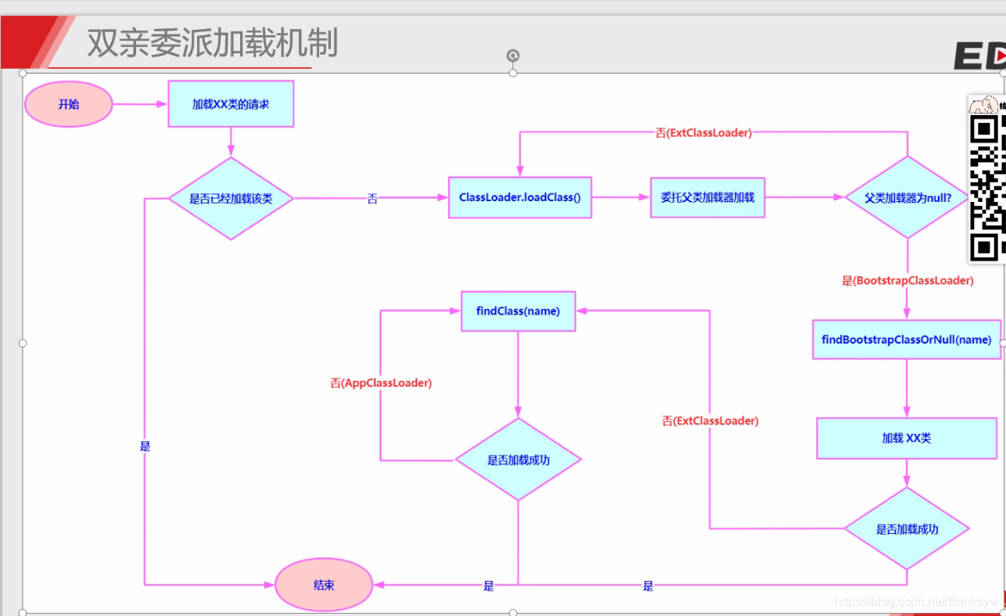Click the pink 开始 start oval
point(69,104)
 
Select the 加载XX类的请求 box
point(231,103)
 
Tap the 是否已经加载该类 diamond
point(231,199)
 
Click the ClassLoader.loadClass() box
point(519,197)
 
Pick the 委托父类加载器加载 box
point(707,197)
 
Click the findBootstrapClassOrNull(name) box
point(907,340)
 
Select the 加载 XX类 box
point(907,438)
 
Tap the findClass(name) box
point(518,311)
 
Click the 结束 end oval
point(324,585)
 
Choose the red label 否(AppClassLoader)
point(381,384)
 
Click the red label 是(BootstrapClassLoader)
point(907,280)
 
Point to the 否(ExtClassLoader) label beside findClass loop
point(710,421)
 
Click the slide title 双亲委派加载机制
point(212,42)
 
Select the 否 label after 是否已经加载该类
point(372,199)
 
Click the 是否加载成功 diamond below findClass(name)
point(518,460)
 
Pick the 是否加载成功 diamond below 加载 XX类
point(907,529)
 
